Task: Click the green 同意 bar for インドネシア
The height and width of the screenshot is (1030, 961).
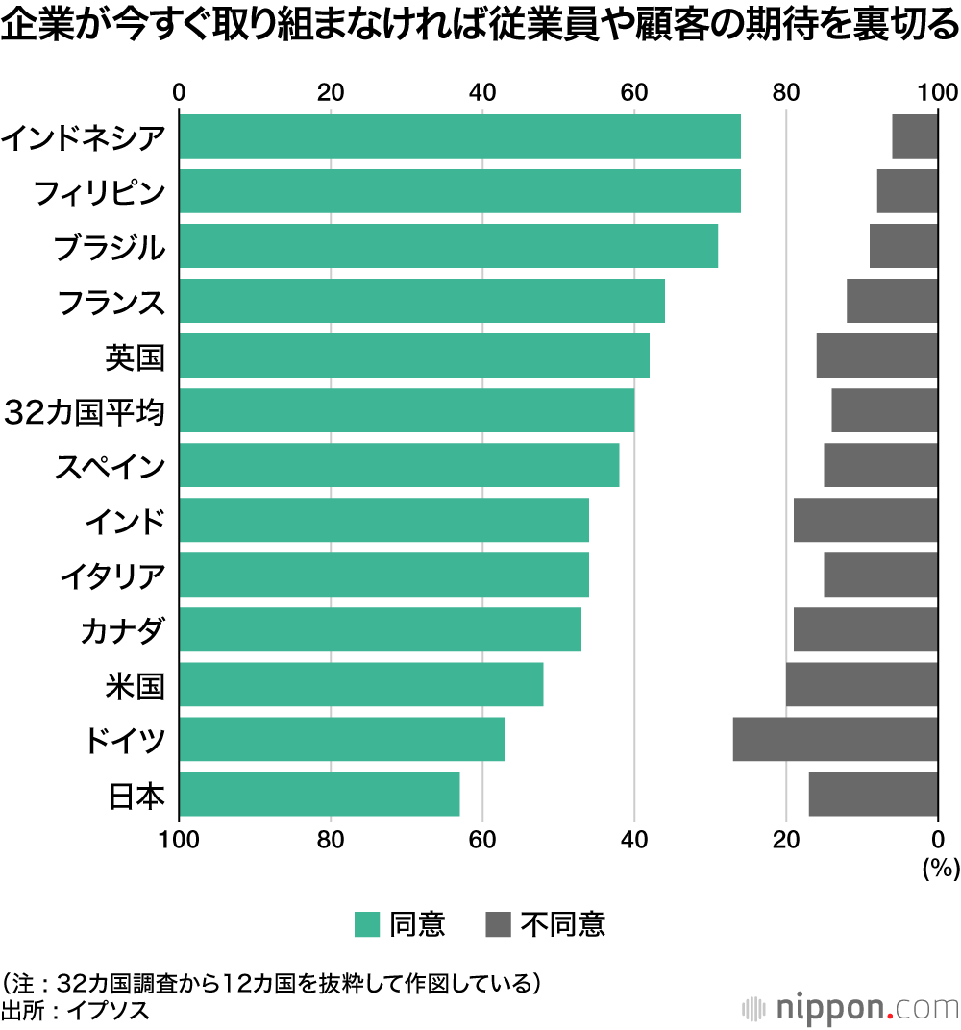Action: pyautogui.click(x=459, y=136)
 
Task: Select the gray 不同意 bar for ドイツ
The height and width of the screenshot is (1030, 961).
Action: pyautogui.click(x=835, y=739)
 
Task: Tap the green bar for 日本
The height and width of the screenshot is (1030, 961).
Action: pyautogui.click(x=319, y=794)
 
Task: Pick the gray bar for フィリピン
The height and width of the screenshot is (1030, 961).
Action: pyautogui.click(x=907, y=191)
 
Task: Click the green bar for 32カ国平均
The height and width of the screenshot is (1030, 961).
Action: pyautogui.click(x=407, y=410)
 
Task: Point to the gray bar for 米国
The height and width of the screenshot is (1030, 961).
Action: pyautogui.click(x=862, y=684)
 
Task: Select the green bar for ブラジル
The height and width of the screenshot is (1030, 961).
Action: pyautogui.click(x=448, y=246)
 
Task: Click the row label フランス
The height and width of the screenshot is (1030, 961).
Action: pyautogui.click(x=111, y=303)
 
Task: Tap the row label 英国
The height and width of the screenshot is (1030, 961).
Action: pyautogui.click(x=135, y=357)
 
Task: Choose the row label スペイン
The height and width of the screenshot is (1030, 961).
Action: pyautogui.click(x=110, y=467)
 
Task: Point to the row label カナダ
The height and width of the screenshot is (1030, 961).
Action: pyautogui.click(x=123, y=631)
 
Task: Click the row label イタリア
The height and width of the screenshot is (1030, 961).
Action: pyautogui.click(x=112, y=576)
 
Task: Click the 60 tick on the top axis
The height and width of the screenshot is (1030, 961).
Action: pyautogui.click(x=634, y=92)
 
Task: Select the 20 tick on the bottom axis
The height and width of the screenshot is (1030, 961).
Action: pyautogui.click(x=786, y=839)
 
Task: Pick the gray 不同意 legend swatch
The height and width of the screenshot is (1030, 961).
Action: pyautogui.click(x=499, y=924)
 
